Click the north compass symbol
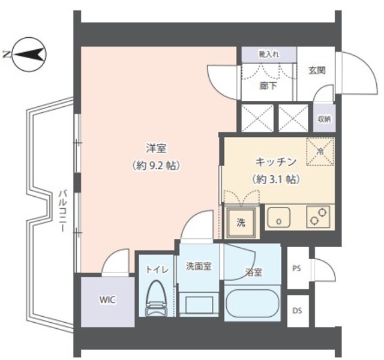click(x=29, y=55)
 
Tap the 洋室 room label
click(x=156, y=149)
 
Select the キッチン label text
click(x=276, y=162)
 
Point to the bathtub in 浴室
click(x=252, y=302)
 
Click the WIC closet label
click(x=107, y=300)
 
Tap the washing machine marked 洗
click(x=241, y=223)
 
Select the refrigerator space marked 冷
click(x=320, y=152)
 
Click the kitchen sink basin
click(x=278, y=217)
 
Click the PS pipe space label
click(x=297, y=268)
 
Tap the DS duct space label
click(x=297, y=311)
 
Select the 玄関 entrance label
click(x=317, y=71)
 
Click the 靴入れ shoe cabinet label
click(x=269, y=55)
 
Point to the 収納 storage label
click(x=324, y=119)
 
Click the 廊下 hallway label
click(x=268, y=86)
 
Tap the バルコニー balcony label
click(x=62, y=211)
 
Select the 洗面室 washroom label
click(x=199, y=266)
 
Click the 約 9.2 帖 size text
click(x=156, y=166)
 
